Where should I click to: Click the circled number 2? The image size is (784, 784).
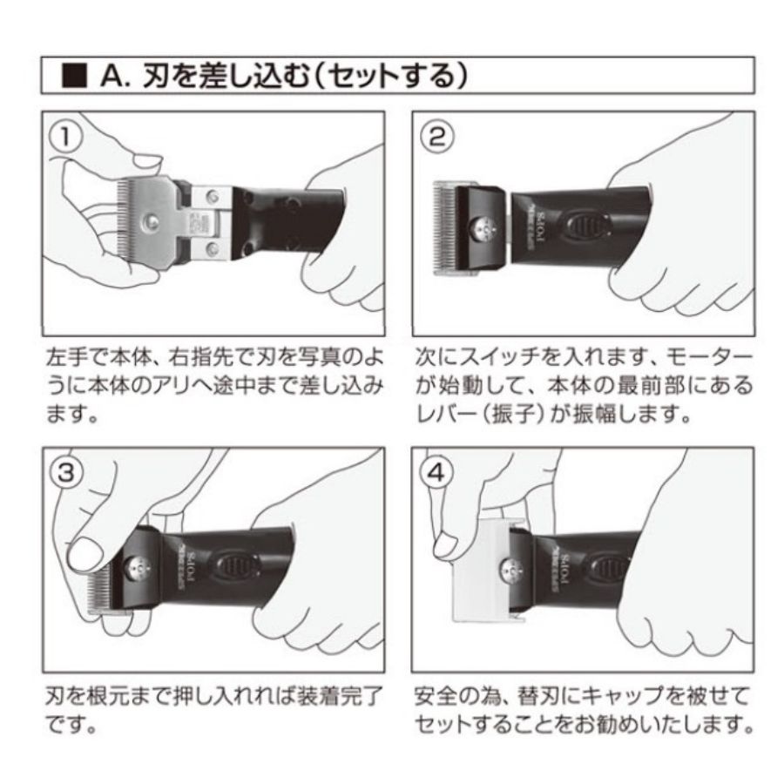pyautogui.click(x=436, y=137)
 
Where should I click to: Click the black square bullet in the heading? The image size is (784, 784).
pyautogui.click(x=76, y=76)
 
